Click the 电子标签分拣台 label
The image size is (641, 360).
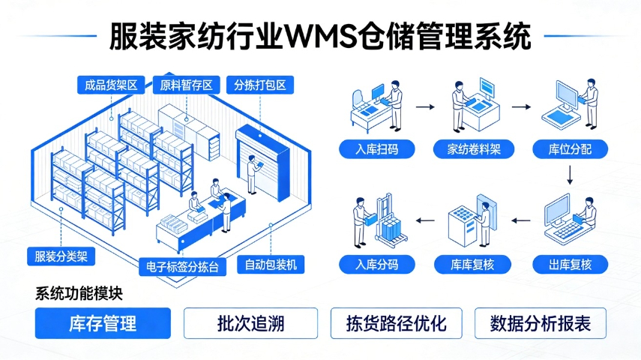point(183,265)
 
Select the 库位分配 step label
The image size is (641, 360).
point(570,149)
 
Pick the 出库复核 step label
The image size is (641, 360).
point(570,264)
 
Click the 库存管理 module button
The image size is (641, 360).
point(103,323)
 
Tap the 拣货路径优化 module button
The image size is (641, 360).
point(397,323)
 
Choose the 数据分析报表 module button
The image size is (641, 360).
point(541,323)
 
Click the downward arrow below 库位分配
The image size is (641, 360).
point(570,175)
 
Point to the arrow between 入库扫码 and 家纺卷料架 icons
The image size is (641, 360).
point(425,107)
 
